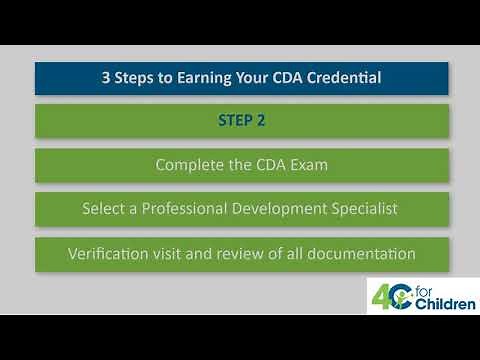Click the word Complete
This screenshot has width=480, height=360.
point(190,165)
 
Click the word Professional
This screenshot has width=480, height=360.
point(189,209)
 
